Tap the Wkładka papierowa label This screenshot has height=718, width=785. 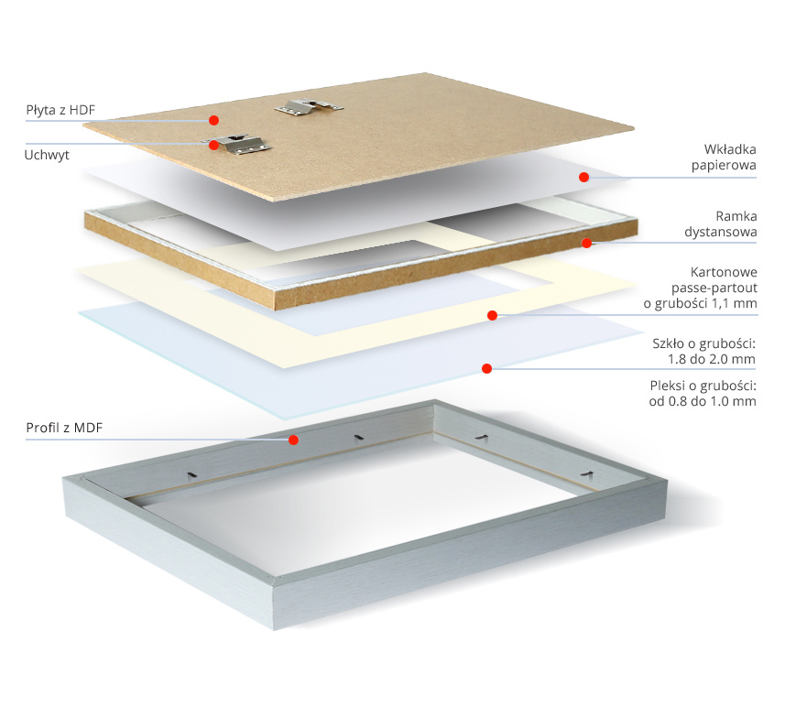click(x=723, y=158)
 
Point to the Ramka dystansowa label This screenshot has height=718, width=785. click(x=723, y=225)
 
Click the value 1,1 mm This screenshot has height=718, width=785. click(x=737, y=304)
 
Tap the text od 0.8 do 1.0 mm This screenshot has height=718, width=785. click(x=703, y=401)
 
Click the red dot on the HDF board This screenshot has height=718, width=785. click(x=213, y=120)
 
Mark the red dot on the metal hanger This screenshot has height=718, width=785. click(x=213, y=144)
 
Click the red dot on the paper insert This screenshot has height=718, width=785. click(x=583, y=176)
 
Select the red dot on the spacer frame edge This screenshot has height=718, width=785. click(x=586, y=243)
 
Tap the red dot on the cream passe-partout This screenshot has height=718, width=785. click(x=492, y=316)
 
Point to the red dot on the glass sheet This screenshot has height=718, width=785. click(x=487, y=368)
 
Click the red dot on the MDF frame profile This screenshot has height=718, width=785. click(x=293, y=440)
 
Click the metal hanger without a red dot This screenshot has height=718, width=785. click(x=309, y=107)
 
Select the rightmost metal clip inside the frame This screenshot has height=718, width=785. click(x=587, y=473)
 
